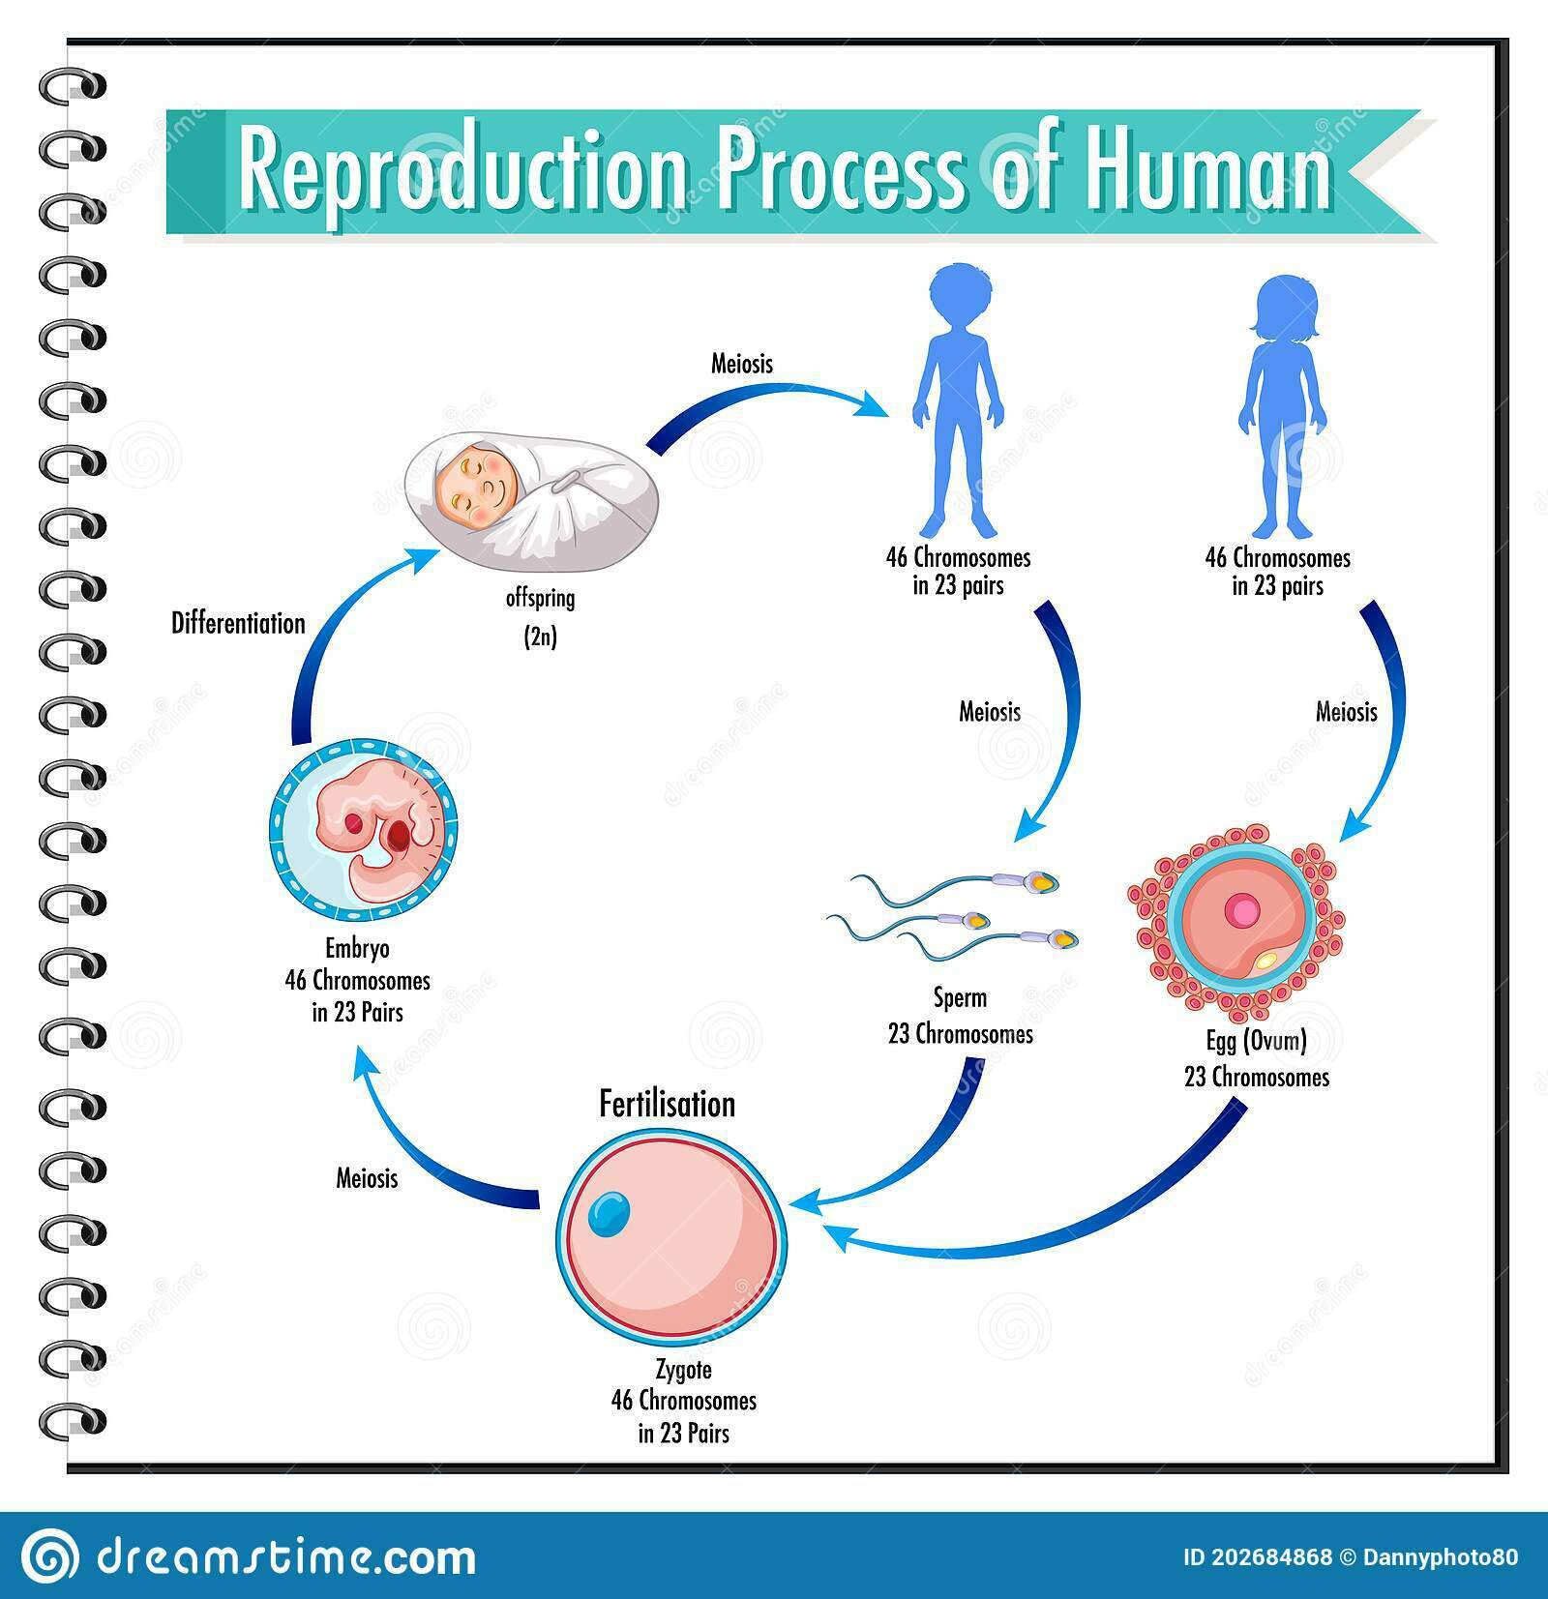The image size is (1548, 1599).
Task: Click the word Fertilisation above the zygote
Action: click(667, 1104)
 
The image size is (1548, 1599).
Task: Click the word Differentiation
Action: click(238, 623)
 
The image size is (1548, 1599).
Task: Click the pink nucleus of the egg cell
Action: click(1241, 910)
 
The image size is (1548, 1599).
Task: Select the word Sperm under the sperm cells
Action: click(960, 996)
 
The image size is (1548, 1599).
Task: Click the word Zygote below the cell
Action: click(682, 1370)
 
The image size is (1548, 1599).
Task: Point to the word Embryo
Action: click(357, 949)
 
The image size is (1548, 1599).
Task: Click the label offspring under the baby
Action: click(540, 599)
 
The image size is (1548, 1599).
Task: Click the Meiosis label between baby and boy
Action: click(742, 364)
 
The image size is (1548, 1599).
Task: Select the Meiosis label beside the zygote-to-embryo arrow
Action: click(367, 1177)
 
